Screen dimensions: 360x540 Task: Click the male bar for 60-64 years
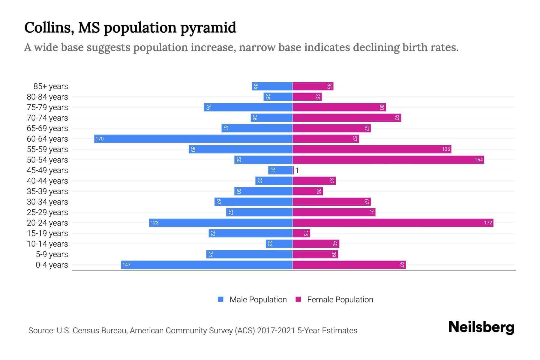[193, 139]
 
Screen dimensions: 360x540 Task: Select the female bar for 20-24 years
[393, 223]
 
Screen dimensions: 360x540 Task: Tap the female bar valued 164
[388, 160]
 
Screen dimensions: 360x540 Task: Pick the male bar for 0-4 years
[207, 265]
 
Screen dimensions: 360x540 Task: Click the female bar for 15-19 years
[301, 233]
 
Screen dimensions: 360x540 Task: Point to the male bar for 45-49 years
[280, 170]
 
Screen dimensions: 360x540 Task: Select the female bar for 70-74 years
[347, 118]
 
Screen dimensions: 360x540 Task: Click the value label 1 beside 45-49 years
[297, 170]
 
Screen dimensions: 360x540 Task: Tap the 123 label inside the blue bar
[154, 223]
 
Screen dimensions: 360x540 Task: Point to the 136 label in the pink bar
[446, 149]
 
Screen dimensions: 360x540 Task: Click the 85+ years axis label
[50, 86]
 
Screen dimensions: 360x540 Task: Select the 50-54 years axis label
[47, 160]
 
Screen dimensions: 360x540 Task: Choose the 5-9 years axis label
[52, 254]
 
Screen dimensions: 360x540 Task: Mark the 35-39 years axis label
[47, 191]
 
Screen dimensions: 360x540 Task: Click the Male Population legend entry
[258, 299]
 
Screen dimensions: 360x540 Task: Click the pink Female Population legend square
[298, 299]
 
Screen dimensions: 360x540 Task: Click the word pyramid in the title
[208, 28]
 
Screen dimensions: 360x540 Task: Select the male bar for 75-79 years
[248, 107]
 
